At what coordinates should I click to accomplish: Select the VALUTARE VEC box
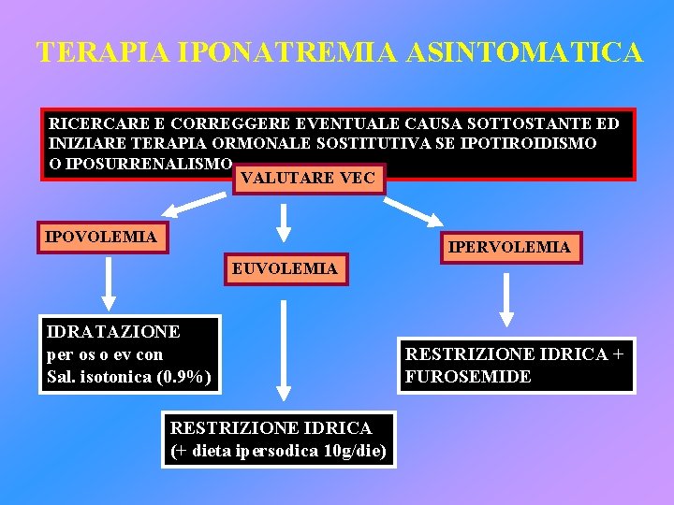pyautogui.click(x=307, y=177)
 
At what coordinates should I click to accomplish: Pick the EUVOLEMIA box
pyautogui.click(x=285, y=268)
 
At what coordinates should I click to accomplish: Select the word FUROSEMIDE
pyautogui.click(x=468, y=377)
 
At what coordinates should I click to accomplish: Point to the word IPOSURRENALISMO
pyautogui.click(x=140, y=164)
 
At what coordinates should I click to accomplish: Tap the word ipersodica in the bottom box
pyautogui.click(x=274, y=451)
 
